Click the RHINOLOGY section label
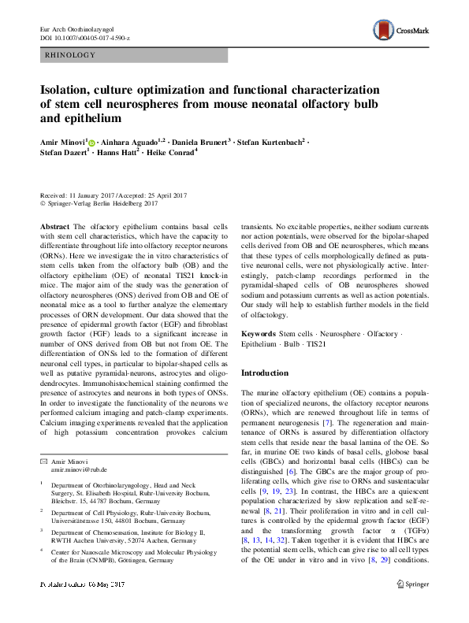pos(71,55)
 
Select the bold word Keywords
pos(258,334)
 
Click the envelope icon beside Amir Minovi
pos(44,461)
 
